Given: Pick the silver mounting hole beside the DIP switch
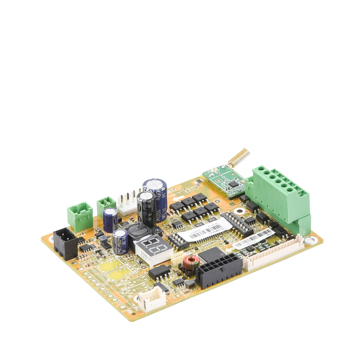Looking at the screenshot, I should (x=238, y=211).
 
